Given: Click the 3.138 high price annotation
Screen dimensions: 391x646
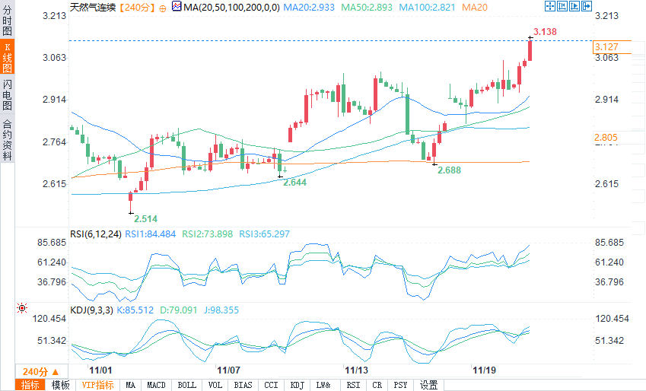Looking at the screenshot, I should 546,31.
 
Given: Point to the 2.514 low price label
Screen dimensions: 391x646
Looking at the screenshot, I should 145,218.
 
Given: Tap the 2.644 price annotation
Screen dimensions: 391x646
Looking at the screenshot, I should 294,183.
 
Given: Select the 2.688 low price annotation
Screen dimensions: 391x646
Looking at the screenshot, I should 449,170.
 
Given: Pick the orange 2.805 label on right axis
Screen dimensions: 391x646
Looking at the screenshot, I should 606,138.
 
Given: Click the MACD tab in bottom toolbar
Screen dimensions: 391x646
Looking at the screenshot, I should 156,385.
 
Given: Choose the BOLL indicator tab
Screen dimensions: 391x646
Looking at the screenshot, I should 186,385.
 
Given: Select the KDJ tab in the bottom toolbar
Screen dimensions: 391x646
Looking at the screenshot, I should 297,385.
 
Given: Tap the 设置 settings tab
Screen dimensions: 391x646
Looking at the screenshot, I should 428,385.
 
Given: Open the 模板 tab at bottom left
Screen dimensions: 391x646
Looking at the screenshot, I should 60,385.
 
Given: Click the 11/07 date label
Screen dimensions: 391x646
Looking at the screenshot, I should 229,370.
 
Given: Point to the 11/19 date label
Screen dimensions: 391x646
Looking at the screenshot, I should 484,370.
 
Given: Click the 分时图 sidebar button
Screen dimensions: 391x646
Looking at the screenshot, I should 7,21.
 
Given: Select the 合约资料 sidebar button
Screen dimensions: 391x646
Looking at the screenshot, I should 7,140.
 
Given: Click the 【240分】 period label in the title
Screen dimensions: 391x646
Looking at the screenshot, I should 137,7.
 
